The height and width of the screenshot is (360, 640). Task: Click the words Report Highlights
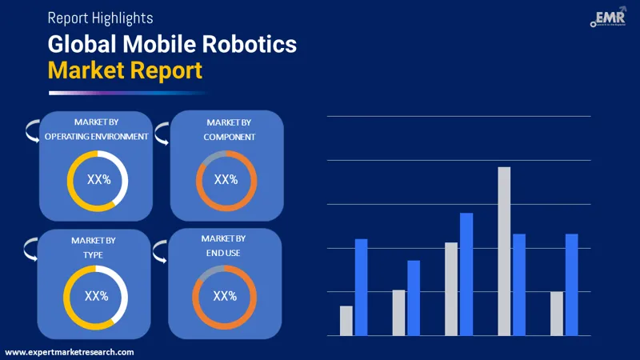pyautogui.click(x=100, y=17)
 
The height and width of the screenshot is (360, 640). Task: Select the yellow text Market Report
pyautogui.click(x=125, y=70)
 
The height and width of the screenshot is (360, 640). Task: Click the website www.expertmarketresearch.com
pyautogui.click(x=70, y=352)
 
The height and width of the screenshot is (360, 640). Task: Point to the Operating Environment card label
pyautogui.click(x=96, y=129)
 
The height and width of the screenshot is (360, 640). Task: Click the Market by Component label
pyautogui.click(x=229, y=129)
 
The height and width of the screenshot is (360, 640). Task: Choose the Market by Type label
pyautogui.click(x=94, y=247)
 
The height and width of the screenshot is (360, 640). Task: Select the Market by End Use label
pyautogui.click(x=223, y=246)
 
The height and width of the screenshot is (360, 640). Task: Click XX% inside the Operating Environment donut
pyautogui.click(x=98, y=181)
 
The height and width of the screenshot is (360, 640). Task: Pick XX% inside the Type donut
pyautogui.click(x=96, y=297)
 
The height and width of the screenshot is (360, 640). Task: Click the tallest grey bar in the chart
pyautogui.click(x=504, y=251)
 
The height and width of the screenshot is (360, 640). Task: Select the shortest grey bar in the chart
pyautogui.click(x=346, y=320)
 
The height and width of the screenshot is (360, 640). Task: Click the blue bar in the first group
pyautogui.click(x=361, y=287)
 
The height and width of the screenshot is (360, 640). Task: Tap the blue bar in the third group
pyautogui.click(x=466, y=274)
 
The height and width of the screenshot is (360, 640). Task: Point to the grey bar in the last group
pyautogui.click(x=557, y=314)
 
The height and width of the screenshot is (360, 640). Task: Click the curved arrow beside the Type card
pyautogui.click(x=30, y=247)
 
